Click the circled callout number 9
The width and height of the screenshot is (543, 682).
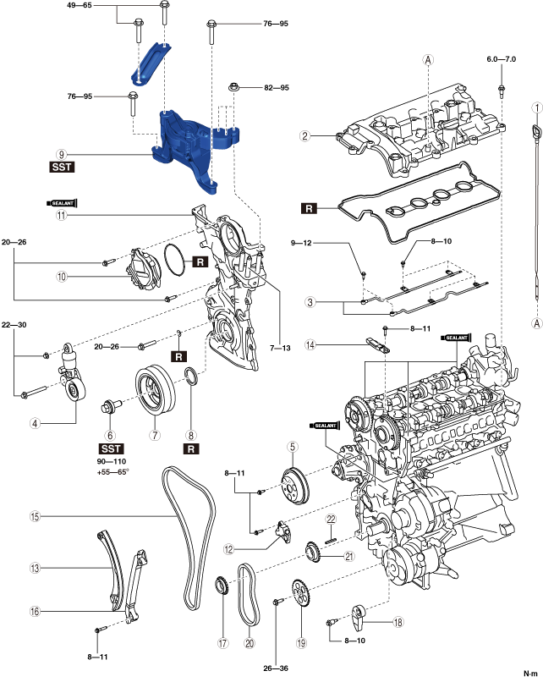point(61,154)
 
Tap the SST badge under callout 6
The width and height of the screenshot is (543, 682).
point(112,448)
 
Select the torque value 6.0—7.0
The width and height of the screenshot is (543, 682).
point(502,58)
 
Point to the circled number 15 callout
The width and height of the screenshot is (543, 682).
point(35,516)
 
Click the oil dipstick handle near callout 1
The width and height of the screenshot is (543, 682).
point(536,130)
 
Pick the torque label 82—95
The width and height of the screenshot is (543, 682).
point(277,87)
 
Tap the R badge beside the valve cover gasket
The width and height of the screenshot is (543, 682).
point(309,208)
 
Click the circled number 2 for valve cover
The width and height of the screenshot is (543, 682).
point(305,135)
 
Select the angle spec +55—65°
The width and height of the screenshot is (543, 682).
point(113,471)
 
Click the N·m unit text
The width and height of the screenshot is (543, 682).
point(530,674)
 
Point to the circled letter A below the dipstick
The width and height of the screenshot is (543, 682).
point(537,323)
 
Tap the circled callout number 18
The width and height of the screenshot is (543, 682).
point(398,623)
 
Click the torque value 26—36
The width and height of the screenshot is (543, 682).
point(276,668)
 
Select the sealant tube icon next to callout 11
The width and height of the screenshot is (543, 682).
point(62,203)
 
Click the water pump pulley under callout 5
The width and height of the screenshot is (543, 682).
point(295,485)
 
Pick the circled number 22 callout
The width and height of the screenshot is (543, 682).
point(332,519)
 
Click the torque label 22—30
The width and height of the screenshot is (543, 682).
point(14,324)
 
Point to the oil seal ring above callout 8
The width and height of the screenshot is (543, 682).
point(192,377)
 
